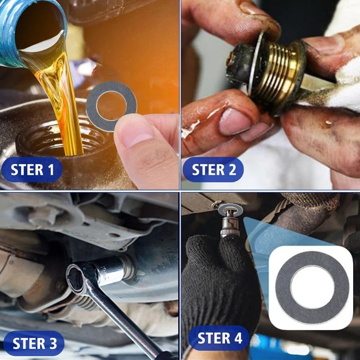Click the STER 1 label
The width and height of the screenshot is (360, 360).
(x=32, y=170)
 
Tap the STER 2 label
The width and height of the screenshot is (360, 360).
(x=214, y=170)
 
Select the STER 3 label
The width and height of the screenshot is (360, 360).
(x=35, y=343)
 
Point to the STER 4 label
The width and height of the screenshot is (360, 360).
(x=220, y=337)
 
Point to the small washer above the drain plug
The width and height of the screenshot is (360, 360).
(x=229, y=210)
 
